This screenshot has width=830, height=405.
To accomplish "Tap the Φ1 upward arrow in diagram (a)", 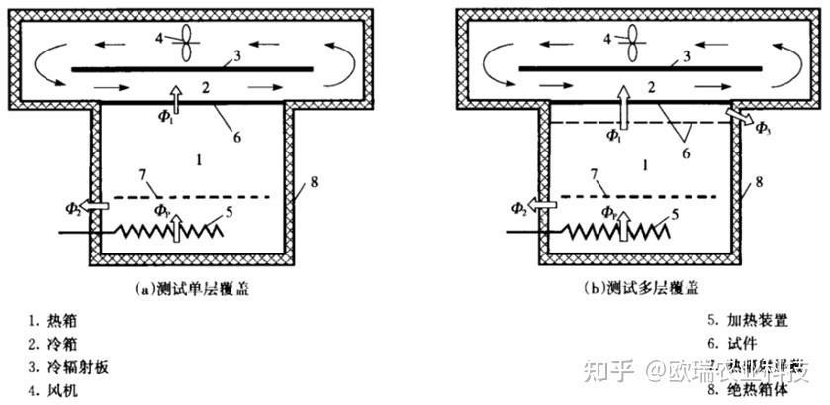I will [x=174, y=99].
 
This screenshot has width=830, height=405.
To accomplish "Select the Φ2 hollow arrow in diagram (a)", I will [x=94, y=206].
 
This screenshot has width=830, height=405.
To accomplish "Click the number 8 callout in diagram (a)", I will [x=314, y=181].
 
